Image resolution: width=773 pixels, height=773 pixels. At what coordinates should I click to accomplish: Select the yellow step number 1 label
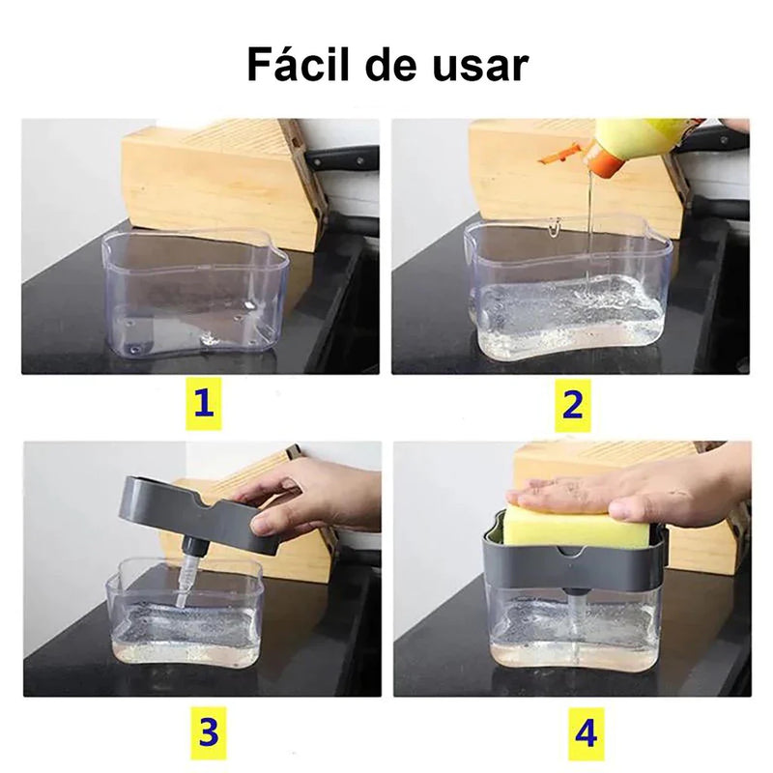[202, 403]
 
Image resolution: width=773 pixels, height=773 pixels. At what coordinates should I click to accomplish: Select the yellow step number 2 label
[572, 403]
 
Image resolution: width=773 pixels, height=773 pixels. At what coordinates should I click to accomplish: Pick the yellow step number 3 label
[208, 731]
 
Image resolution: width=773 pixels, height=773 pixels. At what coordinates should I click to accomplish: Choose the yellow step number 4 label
[587, 731]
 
